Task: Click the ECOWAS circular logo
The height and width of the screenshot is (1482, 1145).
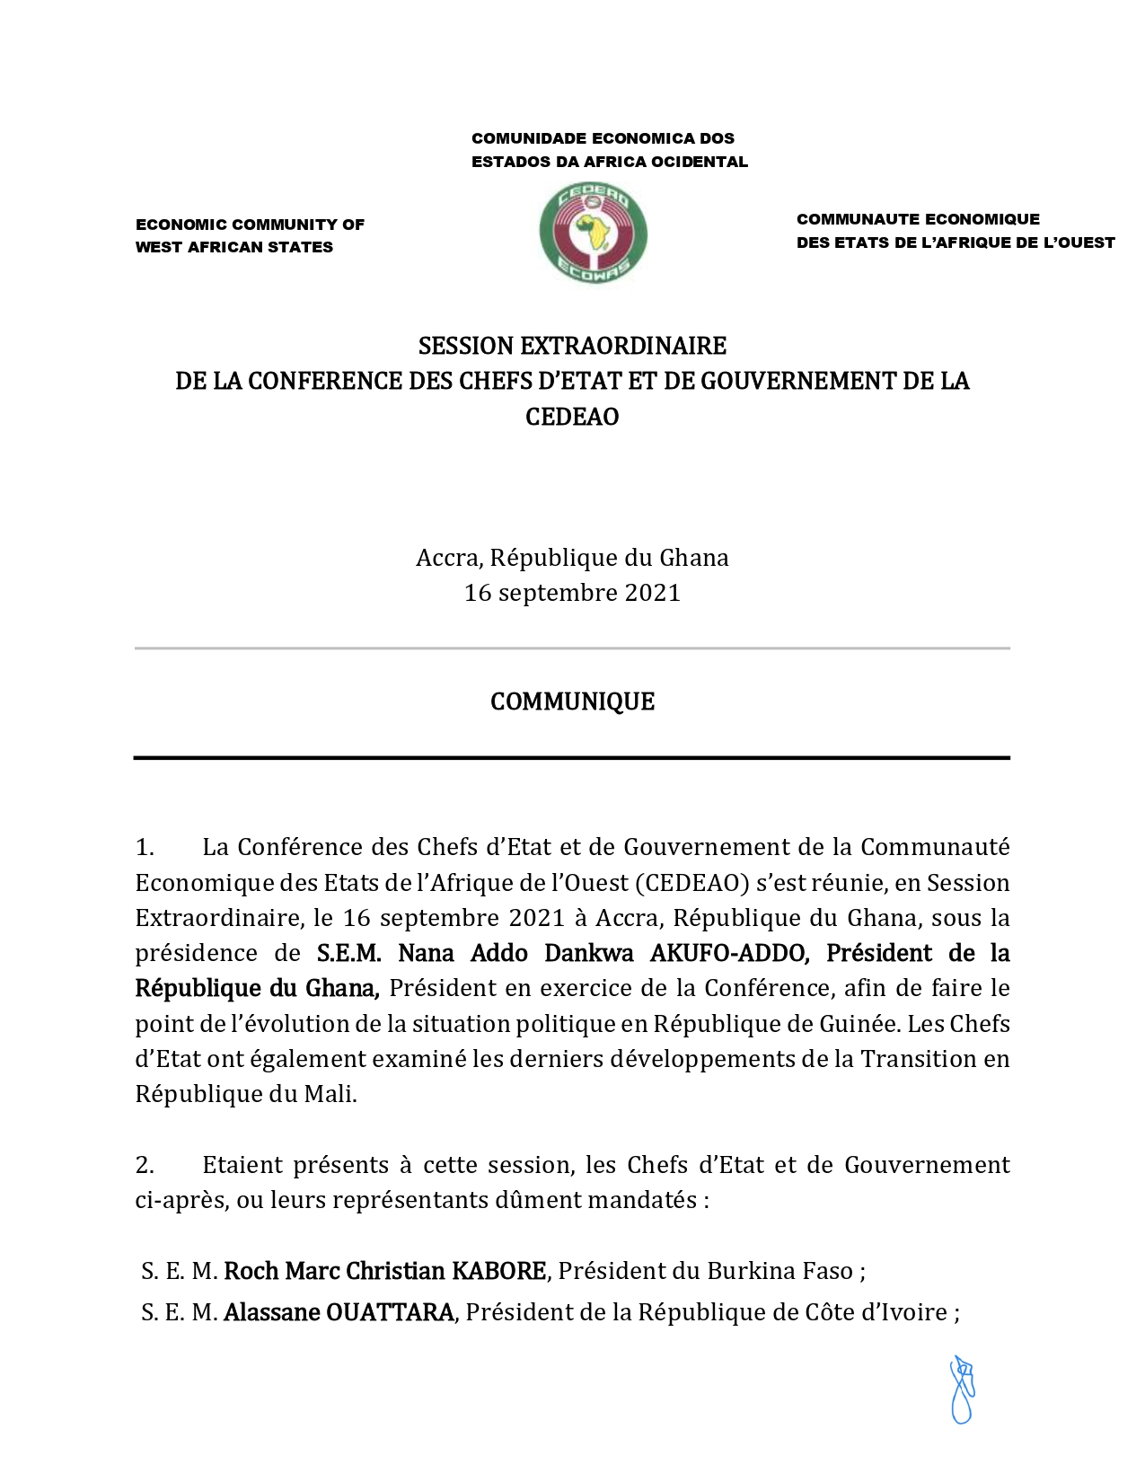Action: (x=593, y=234)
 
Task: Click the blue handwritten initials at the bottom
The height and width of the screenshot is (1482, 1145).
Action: (x=962, y=1390)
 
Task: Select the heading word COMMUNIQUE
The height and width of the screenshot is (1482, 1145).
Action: (x=572, y=701)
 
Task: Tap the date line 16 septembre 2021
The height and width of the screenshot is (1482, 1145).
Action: (x=572, y=593)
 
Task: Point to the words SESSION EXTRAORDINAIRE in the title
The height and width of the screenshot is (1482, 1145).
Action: (x=572, y=346)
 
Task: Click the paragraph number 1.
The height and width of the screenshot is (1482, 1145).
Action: (x=144, y=847)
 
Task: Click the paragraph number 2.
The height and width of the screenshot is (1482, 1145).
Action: (x=145, y=1165)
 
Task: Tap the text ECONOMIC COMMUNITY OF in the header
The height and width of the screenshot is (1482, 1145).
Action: (x=250, y=225)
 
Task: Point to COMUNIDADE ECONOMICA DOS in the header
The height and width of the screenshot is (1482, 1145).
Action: (x=603, y=138)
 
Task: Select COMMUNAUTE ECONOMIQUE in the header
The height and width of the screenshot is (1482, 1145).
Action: (x=918, y=219)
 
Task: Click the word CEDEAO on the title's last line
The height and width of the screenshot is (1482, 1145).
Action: (x=572, y=417)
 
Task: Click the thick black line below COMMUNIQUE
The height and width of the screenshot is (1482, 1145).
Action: (x=572, y=758)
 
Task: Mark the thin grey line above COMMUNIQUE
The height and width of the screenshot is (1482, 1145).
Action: (x=572, y=648)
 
